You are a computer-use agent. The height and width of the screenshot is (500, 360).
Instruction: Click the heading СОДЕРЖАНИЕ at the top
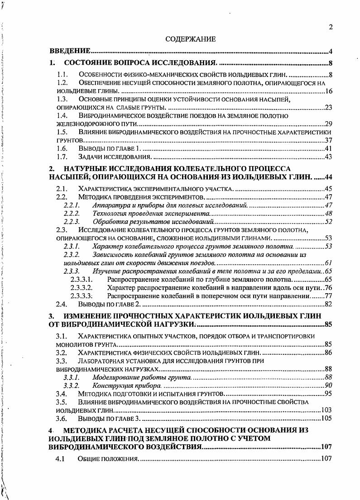point(190,39)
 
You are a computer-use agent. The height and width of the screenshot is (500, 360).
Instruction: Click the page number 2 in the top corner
point(331,27)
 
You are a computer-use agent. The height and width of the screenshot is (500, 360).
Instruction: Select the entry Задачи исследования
point(115,157)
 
